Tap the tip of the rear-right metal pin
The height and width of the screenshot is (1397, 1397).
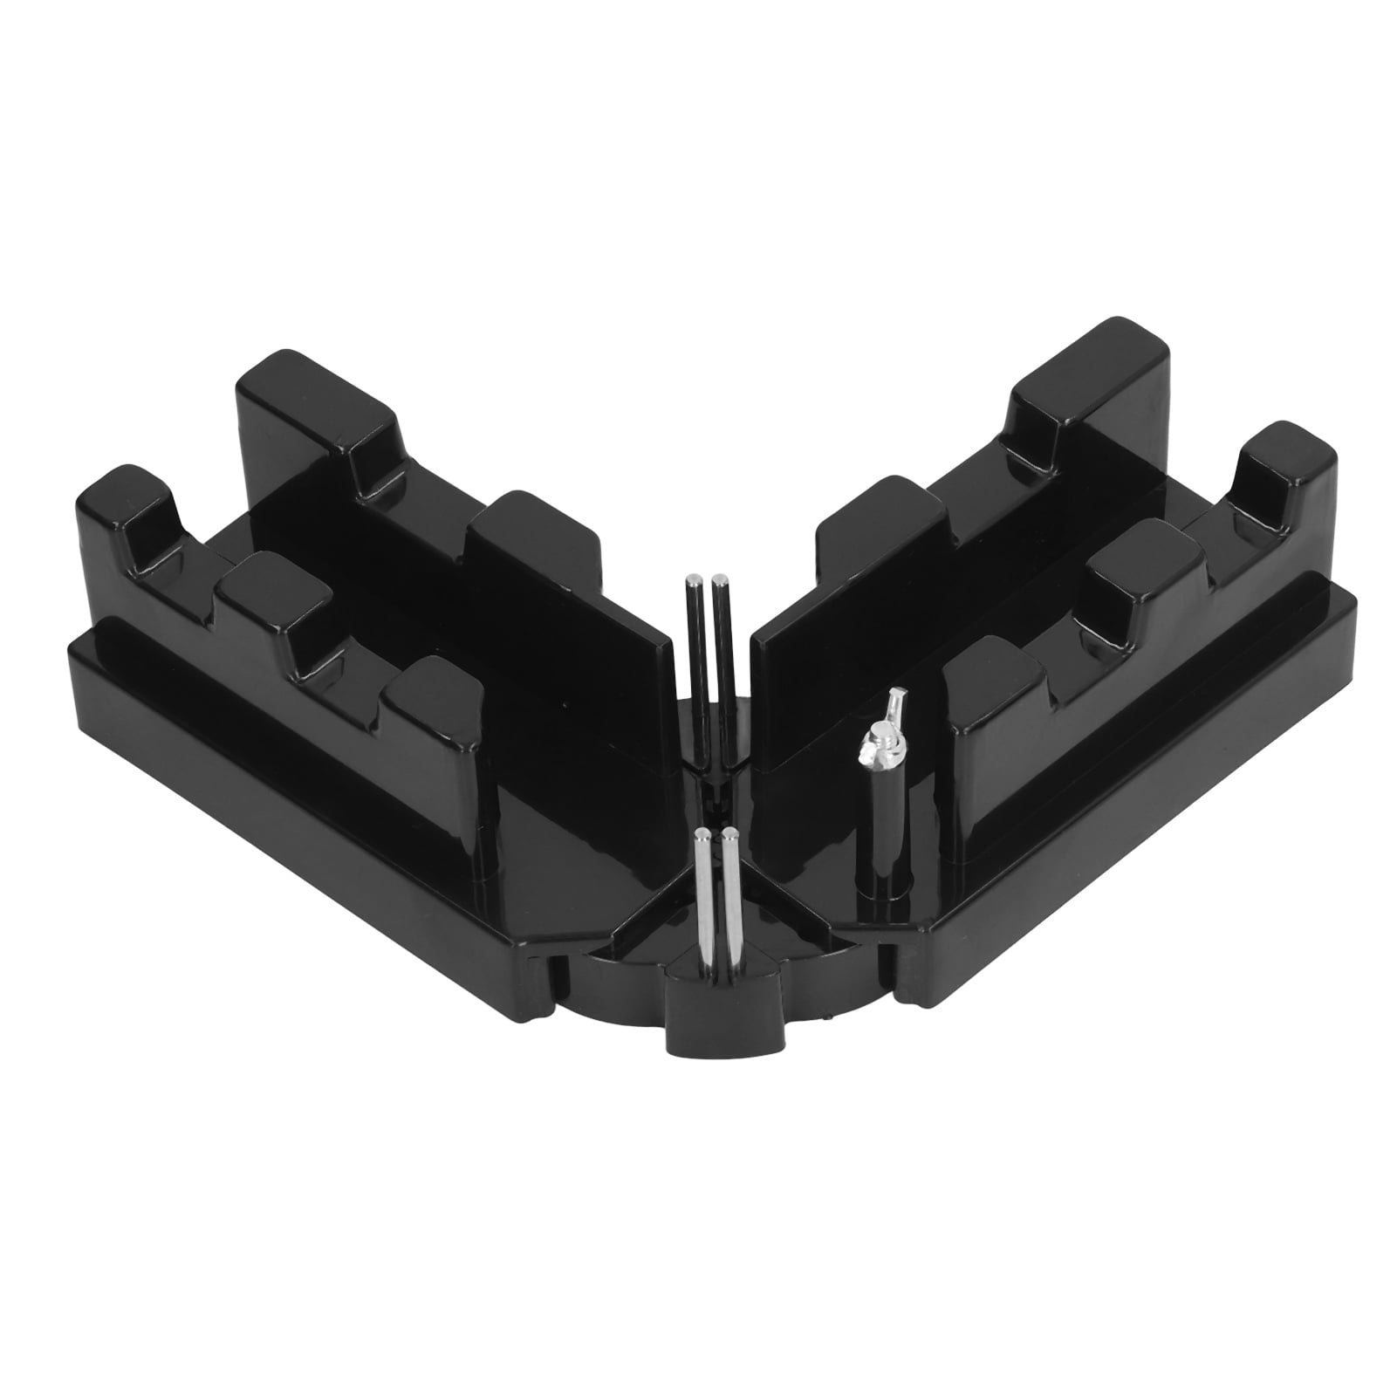(719, 579)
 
